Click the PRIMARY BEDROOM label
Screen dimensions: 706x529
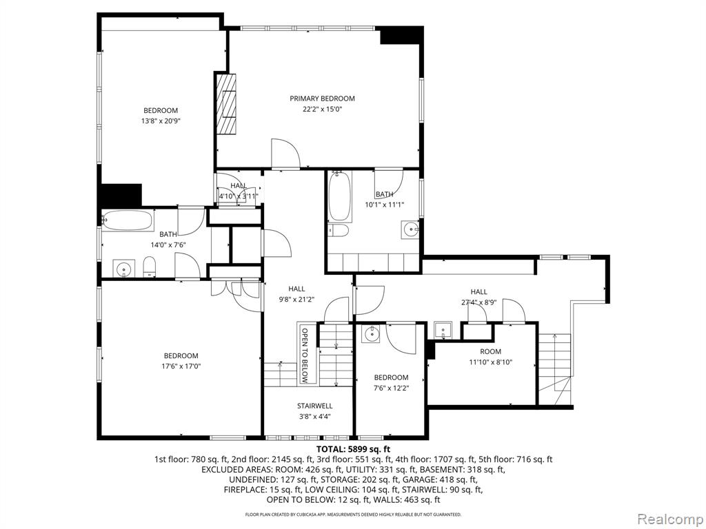pos(322,98)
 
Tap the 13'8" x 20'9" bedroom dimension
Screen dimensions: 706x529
pos(161,121)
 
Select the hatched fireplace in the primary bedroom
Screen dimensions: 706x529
pos(226,104)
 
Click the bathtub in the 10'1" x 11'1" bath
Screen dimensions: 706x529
pos(339,196)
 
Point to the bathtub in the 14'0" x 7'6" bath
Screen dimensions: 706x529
pos(128,220)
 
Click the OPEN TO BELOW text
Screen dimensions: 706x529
pos(305,355)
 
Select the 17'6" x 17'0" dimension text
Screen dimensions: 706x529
pos(181,366)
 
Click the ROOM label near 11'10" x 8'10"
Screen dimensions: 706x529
pos(490,351)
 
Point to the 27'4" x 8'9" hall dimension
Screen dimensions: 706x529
pos(479,303)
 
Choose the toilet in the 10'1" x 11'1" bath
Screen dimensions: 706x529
pos(339,231)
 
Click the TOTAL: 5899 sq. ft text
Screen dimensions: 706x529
pos(353,449)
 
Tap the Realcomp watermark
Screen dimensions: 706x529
pos(669,519)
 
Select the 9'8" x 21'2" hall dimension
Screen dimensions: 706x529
pos(296,300)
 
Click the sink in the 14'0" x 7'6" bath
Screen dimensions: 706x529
pos(123,269)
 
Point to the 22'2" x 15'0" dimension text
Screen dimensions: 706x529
pos(322,109)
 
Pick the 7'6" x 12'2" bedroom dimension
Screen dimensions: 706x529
pos(392,388)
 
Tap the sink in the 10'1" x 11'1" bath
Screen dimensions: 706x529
pos(410,230)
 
